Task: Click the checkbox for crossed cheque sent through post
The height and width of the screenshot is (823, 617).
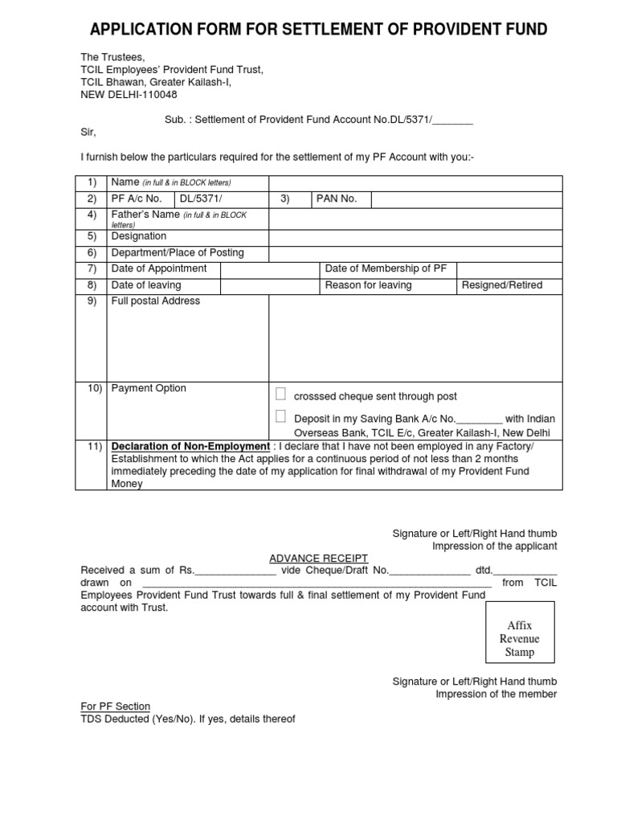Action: click(280, 394)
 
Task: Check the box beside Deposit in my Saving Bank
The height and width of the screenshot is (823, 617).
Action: click(280, 416)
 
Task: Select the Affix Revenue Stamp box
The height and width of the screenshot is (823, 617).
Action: click(519, 639)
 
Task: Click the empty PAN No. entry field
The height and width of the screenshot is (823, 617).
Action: click(466, 199)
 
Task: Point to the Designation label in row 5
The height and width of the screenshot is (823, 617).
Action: click(139, 236)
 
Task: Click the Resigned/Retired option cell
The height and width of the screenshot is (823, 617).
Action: click(502, 285)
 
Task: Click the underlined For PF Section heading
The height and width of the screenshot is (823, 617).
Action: click(115, 706)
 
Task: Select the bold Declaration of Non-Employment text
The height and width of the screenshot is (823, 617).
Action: click(190, 447)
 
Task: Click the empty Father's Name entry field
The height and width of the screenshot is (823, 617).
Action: click(415, 219)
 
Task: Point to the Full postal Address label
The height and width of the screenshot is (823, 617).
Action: click(156, 301)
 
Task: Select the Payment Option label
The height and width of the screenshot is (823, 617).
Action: click(149, 388)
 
